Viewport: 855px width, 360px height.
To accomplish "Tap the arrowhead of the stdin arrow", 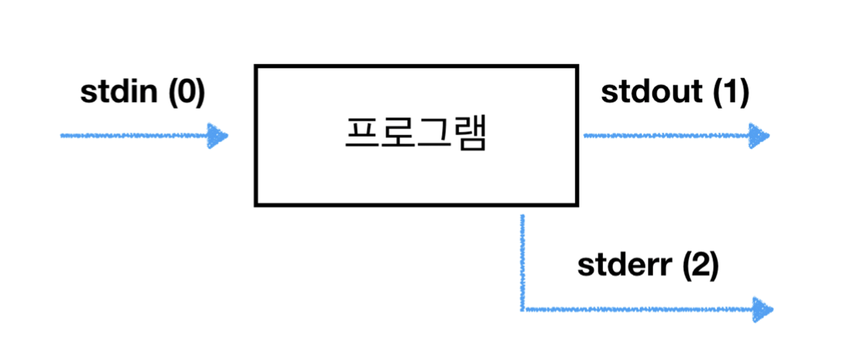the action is (218, 136).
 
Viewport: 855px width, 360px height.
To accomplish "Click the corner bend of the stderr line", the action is (522, 309).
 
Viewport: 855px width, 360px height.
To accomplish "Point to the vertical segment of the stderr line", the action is (522, 261).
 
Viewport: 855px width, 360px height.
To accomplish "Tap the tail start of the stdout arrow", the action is (585, 136).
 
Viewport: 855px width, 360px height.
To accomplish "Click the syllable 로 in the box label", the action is (397, 135).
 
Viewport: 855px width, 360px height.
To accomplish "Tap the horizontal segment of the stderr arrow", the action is (632, 309).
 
